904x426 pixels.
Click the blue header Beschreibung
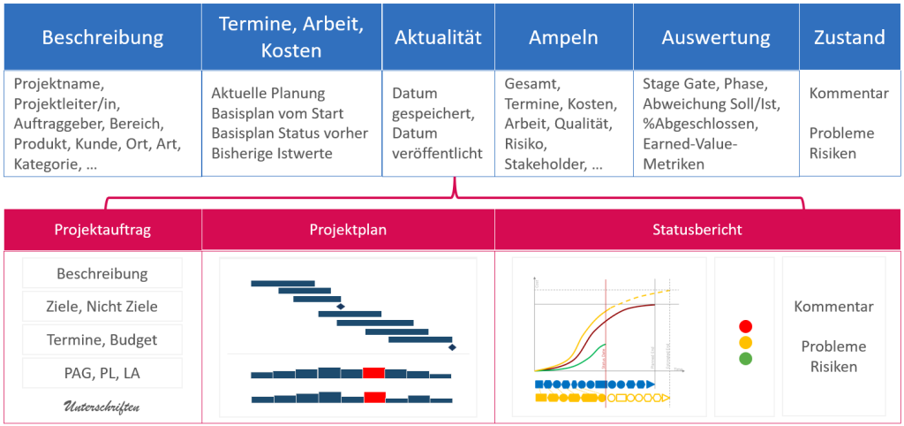[x=102, y=37]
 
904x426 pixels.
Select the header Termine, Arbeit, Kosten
[x=290, y=37]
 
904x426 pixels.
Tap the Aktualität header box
[x=438, y=37]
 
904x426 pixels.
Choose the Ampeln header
[x=563, y=37]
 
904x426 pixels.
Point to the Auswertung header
[x=715, y=37]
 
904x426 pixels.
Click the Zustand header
[x=848, y=37]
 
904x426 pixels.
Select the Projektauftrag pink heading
[x=102, y=230]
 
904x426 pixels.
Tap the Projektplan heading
[x=348, y=230]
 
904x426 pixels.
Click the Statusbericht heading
[x=697, y=230]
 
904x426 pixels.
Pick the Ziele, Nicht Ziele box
[x=102, y=307]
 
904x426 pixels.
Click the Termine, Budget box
[x=102, y=339]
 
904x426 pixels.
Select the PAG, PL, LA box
[x=102, y=373]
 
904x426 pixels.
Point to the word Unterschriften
[x=102, y=407]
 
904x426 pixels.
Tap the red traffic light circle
[x=745, y=326]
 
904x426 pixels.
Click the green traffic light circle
[x=745, y=359]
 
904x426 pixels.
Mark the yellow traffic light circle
[x=745, y=342]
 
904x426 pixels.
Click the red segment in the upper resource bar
[x=373, y=373]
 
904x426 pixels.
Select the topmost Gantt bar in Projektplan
[x=282, y=283]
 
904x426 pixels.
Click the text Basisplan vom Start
[x=277, y=114]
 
